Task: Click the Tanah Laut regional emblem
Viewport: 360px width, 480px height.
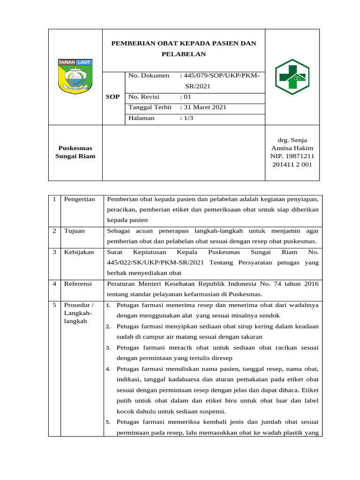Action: click(75, 76)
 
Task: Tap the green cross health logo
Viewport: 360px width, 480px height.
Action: click(292, 76)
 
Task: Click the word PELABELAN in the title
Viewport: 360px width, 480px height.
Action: click(183, 54)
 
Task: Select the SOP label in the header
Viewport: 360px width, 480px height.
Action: click(112, 97)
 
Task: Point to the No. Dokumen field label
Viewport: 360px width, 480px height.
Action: click(149, 75)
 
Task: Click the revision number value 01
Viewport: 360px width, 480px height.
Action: click(186, 97)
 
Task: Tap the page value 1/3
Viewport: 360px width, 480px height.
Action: click(187, 118)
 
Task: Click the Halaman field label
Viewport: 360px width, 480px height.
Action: click(141, 118)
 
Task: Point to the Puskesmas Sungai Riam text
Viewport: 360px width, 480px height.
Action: click(75, 152)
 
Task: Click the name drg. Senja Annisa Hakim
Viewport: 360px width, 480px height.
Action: click(292, 144)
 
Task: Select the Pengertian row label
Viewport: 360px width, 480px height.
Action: click(80, 199)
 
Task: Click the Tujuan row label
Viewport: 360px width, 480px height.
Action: click(75, 231)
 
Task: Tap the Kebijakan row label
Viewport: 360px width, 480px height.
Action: click(79, 252)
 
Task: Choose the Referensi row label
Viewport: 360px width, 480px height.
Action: click(78, 284)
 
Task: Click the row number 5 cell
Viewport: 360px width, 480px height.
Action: click(55, 305)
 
